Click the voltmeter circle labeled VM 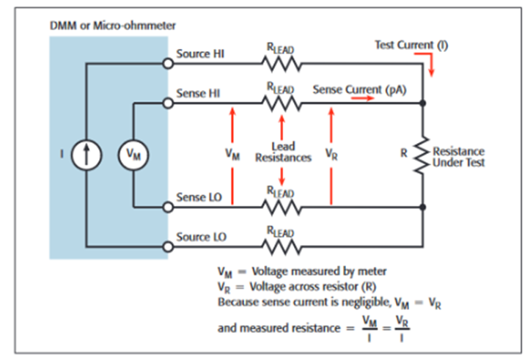pos(133,155)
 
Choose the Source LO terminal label pos(202,238)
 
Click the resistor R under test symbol pos(423,155)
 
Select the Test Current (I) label pos(411,45)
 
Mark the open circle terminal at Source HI pos(168,64)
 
